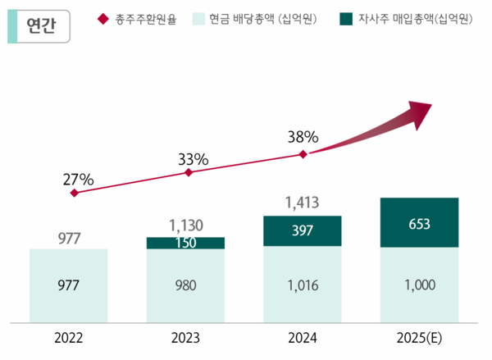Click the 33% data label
[194, 158]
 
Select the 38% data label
[303, 138]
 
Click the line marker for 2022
[75, 194]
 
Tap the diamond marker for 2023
[189, 173]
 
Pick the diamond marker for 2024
[303, 153]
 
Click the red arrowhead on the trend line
[420, 113]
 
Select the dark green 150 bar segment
[185, 243]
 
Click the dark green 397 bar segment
[303, 231]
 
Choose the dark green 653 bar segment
[419, 222]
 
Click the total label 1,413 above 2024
[302, 202]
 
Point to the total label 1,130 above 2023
[185, 223]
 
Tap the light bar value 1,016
[303, 285]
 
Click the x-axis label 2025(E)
[419, 336]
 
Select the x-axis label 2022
[69, 336]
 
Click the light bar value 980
[185, 285]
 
